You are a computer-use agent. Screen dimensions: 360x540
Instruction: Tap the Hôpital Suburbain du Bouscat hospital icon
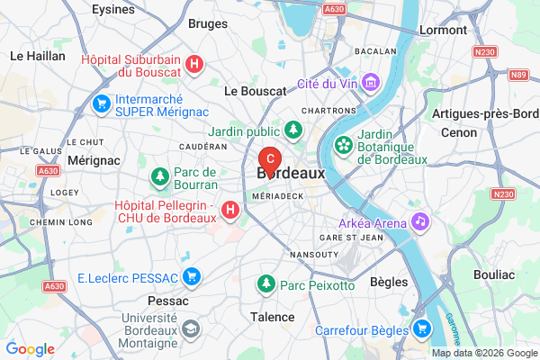coord(195,65)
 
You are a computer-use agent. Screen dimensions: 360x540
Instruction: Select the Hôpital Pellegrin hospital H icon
coord(230,211)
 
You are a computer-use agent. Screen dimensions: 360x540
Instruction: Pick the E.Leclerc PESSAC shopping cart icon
coord(191,276)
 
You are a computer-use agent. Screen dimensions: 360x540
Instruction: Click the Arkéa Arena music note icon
coord(419,220)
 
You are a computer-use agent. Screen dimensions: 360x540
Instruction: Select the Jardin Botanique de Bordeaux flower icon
coord(343,144)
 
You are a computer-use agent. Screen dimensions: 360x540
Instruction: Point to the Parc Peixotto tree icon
coord(266,285)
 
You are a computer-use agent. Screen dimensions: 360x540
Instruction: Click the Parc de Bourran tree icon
coord(159,177)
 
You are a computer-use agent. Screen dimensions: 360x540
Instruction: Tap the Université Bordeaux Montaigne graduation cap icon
coord(191,329)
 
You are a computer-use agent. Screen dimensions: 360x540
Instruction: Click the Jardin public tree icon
coord(292,130)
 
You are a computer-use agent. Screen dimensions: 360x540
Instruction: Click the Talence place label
coord(272,317)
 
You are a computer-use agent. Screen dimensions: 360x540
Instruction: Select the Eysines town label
coord(113,9)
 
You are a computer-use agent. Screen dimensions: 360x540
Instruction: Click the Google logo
coord(31,349)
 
